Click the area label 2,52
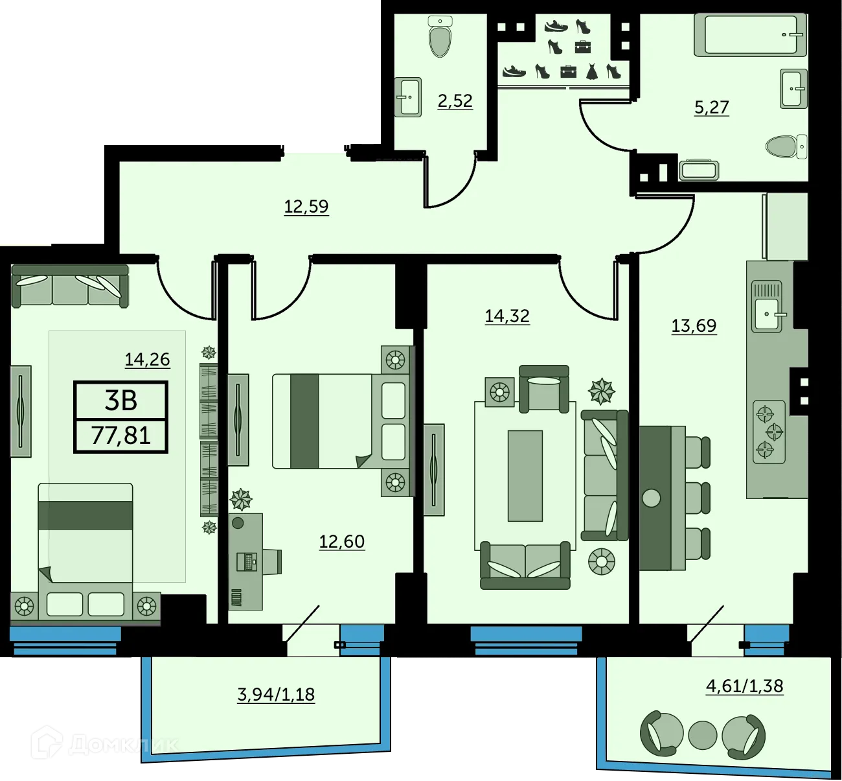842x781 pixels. click(x=455, y=101)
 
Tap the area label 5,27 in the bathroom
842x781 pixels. click(x=711, y=107)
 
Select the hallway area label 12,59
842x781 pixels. click(x=306, y=207)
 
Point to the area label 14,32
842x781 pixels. click(x=507, y=316)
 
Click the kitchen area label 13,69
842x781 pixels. click(x=694, y=325)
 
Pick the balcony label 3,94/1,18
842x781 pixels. click(x=276, y=695)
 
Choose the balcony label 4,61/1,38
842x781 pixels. click(x=744, y=686)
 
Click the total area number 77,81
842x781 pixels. click(x=121, y=435)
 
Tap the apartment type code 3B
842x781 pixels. click(x=121, y=401)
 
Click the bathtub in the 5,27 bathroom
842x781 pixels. click(x=750, y=35)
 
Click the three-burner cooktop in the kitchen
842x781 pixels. click(x=769, y=431)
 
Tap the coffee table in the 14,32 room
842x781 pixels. click(x=525, y=476)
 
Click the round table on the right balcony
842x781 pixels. click(x=702, y=735)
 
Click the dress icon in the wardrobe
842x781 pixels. click(x=592, y=71)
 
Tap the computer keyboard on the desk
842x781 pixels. click(x=247, y=561)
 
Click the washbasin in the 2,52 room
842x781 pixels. click(x=409, y=97)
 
